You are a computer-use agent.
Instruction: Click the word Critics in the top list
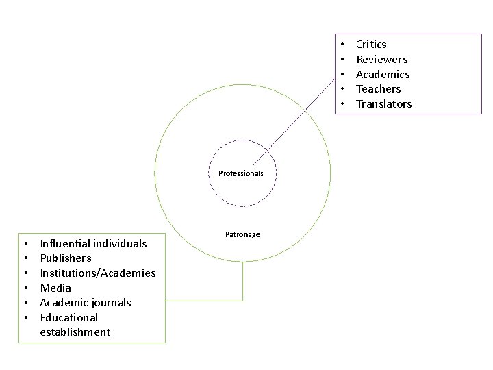[371, 45]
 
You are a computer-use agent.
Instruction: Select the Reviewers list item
[381, 60]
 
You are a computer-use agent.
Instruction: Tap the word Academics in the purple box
[383, 74]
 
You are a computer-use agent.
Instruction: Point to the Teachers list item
[378, 89]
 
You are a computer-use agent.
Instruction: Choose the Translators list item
[383, 104]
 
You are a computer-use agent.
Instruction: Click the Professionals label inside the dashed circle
[241, 173]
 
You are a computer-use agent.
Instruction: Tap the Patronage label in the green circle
[242, 234]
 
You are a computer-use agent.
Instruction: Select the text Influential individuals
[93, 243]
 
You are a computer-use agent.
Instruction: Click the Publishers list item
[66, 258]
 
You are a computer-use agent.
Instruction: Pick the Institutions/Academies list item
[98, 273]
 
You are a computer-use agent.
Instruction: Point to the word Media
[55, 288]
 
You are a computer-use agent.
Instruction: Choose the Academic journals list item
[86, 303]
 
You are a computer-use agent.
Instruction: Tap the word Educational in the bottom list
[69, 317]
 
